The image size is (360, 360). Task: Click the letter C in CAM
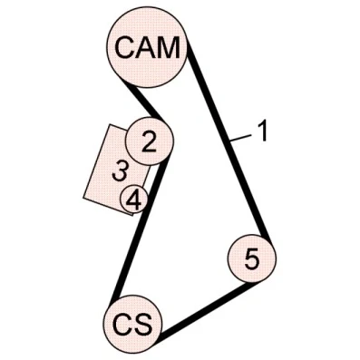[x=124, y=47]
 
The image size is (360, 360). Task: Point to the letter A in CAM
[x=144, y=47]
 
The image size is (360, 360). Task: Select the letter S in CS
[x=141, y=323]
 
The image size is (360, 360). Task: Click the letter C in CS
[x=122, y=323]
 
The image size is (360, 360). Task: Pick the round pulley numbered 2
[x=150, y=141]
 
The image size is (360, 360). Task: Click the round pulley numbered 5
[x=252, y=258]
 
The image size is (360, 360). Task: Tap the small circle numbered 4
[x=134, y=199]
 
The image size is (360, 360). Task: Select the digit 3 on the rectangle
[x=120, y=172]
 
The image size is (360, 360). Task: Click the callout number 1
[x=263, y=131]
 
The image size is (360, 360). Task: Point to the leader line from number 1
[x=241, y=138]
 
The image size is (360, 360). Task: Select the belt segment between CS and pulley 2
[x=139, y=230]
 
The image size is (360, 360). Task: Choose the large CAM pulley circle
[x=148, y=47]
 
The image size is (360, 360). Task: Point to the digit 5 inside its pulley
[x=252, y=259]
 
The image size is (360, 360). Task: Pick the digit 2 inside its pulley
[x=149, y=141]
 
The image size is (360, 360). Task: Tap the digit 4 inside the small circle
[x=133, y=199]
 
